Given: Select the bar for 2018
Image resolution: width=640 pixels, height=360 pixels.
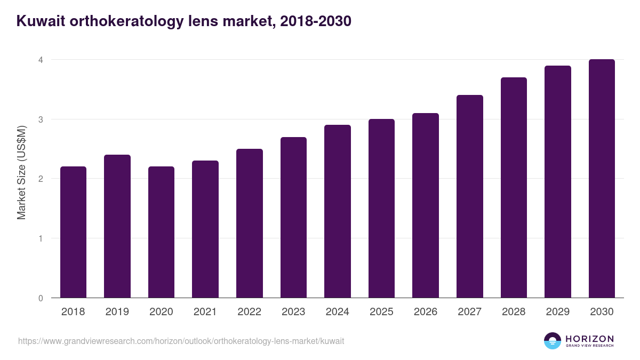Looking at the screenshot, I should coord(73,232).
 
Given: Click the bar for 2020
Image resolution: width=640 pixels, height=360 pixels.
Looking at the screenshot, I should coord(161,232).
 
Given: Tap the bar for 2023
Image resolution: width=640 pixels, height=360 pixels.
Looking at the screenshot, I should coord(293,218).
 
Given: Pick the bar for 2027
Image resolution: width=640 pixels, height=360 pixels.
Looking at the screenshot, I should coord(470,196).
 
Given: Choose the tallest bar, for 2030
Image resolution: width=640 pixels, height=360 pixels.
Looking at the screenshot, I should coord(602,179).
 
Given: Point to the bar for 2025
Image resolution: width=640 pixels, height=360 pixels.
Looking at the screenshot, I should coord(381,209).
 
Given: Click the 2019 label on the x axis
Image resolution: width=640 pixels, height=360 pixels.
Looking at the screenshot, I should coord(117,312).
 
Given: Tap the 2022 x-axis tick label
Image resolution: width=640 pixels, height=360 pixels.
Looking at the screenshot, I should coord(249,312).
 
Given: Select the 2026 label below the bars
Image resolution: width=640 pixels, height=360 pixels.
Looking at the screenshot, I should coord(425,312).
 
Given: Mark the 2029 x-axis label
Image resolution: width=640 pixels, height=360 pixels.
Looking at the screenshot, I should coord(557,312).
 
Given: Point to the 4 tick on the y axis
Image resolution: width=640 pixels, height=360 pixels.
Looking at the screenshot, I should coord(40,60).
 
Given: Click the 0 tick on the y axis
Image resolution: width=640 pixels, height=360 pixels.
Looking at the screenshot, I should coord(40,298).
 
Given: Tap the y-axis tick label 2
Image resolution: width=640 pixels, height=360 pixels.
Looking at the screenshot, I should coord(40,179).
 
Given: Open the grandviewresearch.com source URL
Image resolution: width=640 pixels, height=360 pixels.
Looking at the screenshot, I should coord(181,341).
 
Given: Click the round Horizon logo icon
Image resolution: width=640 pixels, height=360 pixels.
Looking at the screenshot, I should coord(553,341).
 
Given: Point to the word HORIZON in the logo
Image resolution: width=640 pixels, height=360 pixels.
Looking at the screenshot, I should coord(589,338).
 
